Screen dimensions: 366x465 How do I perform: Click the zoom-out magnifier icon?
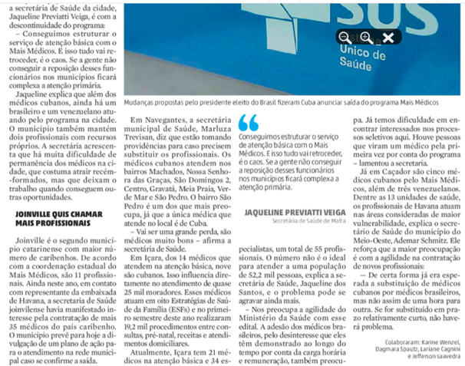pos(345,37)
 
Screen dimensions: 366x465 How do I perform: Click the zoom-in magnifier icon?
pos(366,37)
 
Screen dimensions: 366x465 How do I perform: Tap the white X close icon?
pos(388,37)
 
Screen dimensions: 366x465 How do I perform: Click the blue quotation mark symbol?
pos(248,122)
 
